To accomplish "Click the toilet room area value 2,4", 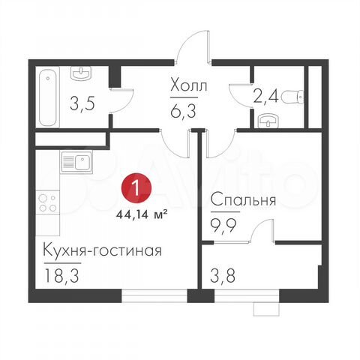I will point(267,95).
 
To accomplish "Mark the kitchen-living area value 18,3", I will point(61,274).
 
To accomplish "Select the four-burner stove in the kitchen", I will point(47,204).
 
